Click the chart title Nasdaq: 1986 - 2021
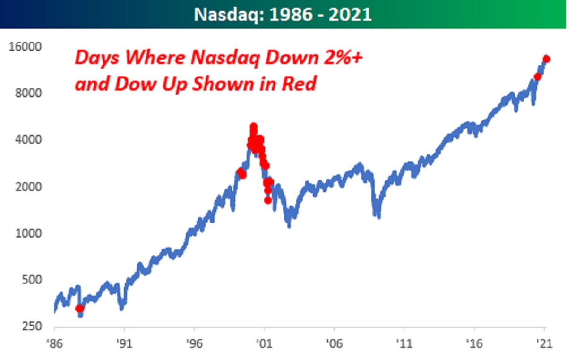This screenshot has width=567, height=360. (x=283, y=14)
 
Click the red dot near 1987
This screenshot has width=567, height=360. (x=79, y=309)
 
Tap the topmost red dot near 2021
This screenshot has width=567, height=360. (x=547, y=59)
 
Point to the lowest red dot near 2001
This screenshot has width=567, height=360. (x=267, y=200)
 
